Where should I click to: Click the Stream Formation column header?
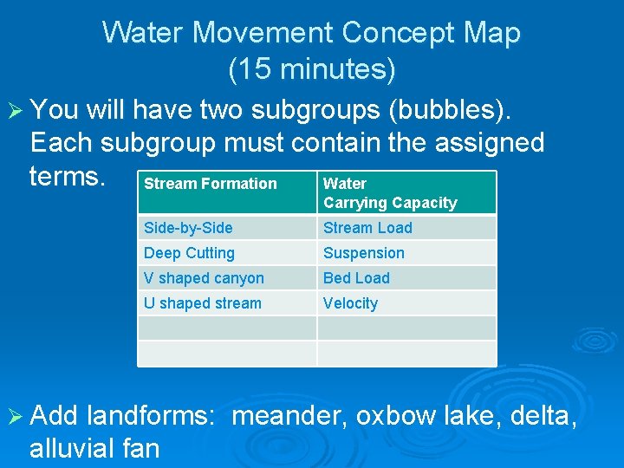pos(211,184)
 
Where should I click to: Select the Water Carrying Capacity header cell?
pos(390,193)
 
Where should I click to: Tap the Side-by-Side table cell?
pos(188,228)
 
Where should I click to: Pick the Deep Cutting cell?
pos(189,253)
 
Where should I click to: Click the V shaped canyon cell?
pos(204,278)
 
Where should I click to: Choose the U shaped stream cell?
pos(202,303)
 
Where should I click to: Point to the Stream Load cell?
pos(367,228)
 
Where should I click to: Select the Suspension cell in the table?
pos(364,253)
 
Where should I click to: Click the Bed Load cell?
pos(356,278)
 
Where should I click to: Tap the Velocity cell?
pos(350,303)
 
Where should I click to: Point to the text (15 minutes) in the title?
pos(312,69)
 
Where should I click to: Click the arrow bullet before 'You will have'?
pos(15,111)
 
